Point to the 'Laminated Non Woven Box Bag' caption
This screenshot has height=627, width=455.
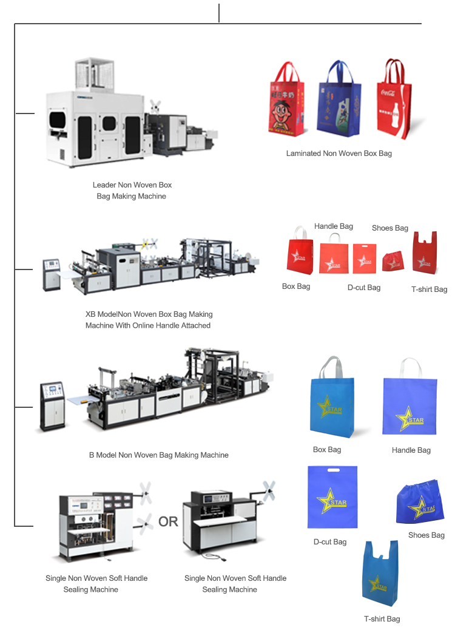[x=339, y=154]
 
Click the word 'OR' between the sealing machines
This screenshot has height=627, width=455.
[x=168, y=521]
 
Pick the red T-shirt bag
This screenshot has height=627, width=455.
[x=424, y=254]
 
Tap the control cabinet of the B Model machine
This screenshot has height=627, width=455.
[x=53, y=405]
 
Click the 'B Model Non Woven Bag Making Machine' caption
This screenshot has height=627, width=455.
[x=159, y=455]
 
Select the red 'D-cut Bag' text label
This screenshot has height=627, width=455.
[x=364, y=287]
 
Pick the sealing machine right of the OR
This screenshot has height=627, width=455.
[x=224, y=521]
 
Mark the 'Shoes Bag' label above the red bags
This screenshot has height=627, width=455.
[x=390, y=228]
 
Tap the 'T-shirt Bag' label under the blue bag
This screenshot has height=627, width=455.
[x=382, y=619]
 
